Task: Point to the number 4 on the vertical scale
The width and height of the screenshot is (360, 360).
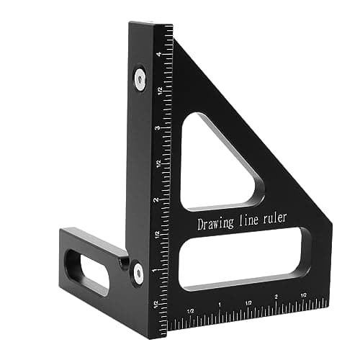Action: [158, 55]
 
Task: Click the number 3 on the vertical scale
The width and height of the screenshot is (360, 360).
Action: [158, 127]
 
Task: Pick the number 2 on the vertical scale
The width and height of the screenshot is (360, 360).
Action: [157, 199]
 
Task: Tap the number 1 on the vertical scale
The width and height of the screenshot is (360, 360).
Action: [156, 270]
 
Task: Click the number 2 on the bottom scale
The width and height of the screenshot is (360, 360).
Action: [276, 297]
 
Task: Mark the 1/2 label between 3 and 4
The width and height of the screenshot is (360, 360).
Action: [158, 91]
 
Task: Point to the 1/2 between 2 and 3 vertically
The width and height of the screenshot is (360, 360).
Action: [158, 163]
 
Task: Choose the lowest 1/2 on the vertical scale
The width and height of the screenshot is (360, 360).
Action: [156, 304]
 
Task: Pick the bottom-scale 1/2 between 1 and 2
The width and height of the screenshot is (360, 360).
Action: [248, 301]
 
